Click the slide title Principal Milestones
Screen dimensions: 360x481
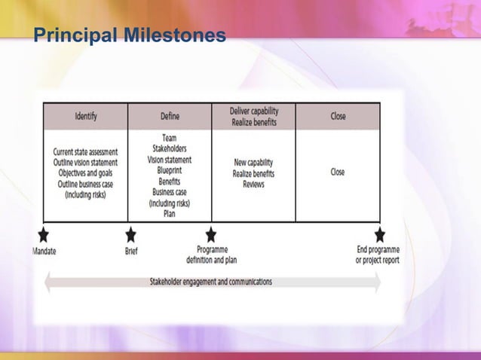(130, 35)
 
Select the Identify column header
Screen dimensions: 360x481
(85, 117)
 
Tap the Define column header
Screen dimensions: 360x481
(170, 117)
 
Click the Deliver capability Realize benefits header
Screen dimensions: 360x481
(253, 116)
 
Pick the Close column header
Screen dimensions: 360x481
(338, 117)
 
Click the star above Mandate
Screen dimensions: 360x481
(44, 234)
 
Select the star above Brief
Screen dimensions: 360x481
(130, 234)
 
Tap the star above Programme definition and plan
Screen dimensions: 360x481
(211, 234)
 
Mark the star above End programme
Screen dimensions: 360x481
(379, 234)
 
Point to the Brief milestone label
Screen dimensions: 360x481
(131, 251)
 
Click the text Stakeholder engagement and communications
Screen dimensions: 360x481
(211, 282)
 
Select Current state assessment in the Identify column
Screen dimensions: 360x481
(85, 153)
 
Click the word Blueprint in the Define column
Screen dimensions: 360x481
(170, 170)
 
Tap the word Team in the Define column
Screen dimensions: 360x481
(170, 139)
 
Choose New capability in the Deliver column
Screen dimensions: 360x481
(253, 163)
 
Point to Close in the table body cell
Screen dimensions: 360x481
(338, 172)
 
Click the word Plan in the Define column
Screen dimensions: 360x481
(170, 213)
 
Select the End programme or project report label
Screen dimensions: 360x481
(378, 255)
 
